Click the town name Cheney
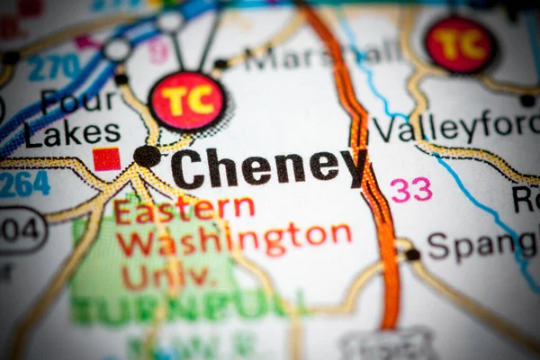click(268, 167)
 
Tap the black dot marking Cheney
click(147, 156)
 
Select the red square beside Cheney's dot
click(106, 159)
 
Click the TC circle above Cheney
click(187, 101)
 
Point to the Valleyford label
click(454, 128)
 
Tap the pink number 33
click(410, 189)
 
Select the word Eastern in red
click(184, 210)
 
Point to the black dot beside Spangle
click(412, 255)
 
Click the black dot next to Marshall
click(220, 65)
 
